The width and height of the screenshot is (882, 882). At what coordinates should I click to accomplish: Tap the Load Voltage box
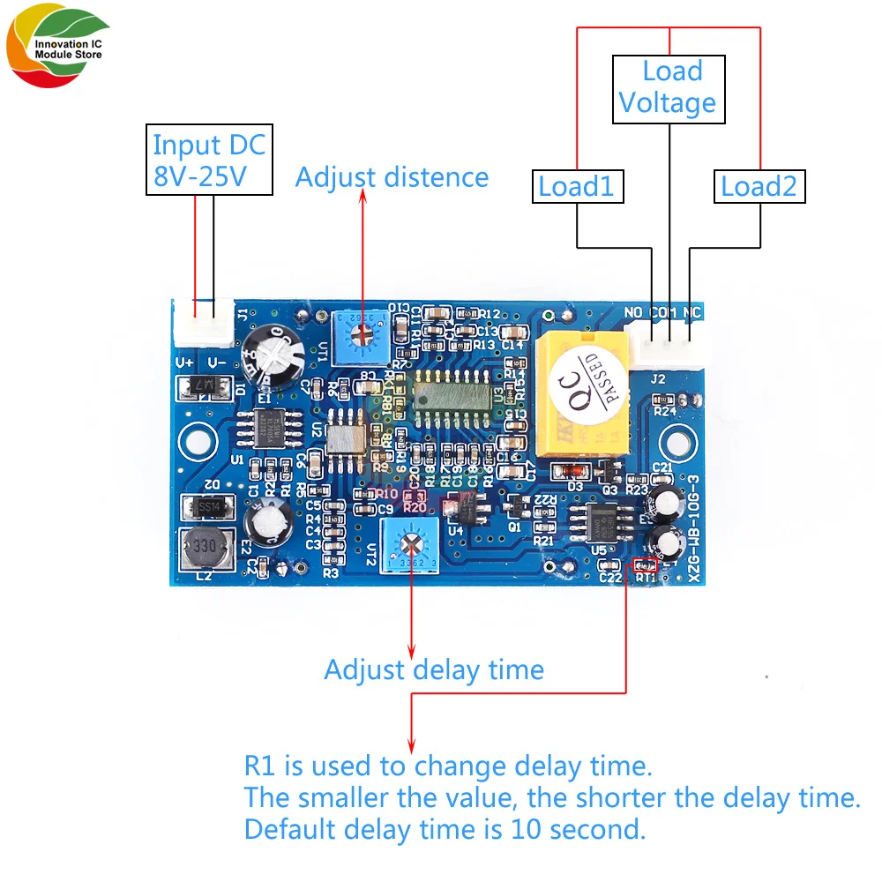[x=669, y=88]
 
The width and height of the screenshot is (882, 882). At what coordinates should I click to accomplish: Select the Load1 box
[x=577, y=187]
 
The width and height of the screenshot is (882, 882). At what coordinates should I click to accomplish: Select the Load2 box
[x=759, y=187]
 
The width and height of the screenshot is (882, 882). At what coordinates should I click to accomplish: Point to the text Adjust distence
[x=392, y=177]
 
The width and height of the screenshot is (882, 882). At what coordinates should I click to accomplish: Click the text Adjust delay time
[x=434, y=669]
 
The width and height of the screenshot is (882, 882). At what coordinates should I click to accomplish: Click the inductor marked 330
[x=204, y=551]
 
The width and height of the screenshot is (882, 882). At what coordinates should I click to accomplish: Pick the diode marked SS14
[x=206, y=507]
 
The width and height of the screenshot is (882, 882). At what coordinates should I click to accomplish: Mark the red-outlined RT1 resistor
[x=646, y=564]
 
